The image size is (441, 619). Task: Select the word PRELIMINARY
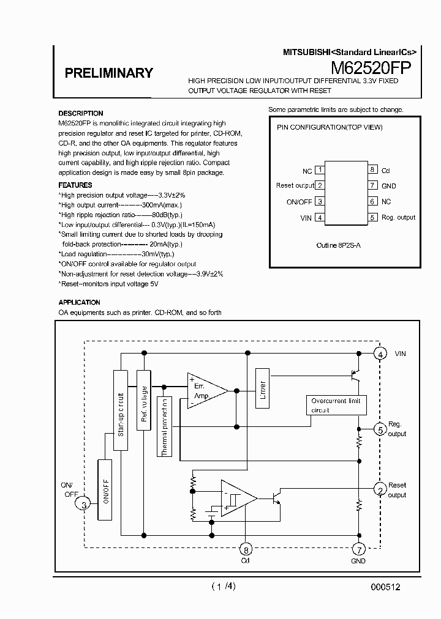coord(108,73)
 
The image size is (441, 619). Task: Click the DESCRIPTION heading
coord(80,113)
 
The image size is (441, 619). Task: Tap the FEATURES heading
coord(75,185)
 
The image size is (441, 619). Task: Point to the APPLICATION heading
coord(79,302)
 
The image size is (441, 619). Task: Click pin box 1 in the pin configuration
coord(320,170)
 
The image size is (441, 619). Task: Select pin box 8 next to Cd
coord(372,170)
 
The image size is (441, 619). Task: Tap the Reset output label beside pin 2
coord(295,185)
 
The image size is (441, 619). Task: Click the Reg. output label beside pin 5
coord(398,217)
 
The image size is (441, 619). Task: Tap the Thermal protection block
coord(165,426)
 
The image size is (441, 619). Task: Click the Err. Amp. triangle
coord(204,391)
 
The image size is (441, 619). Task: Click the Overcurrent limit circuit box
coord(336,406)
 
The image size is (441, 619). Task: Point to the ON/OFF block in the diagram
coord(105,490)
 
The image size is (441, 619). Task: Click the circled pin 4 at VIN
coord(380,354)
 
